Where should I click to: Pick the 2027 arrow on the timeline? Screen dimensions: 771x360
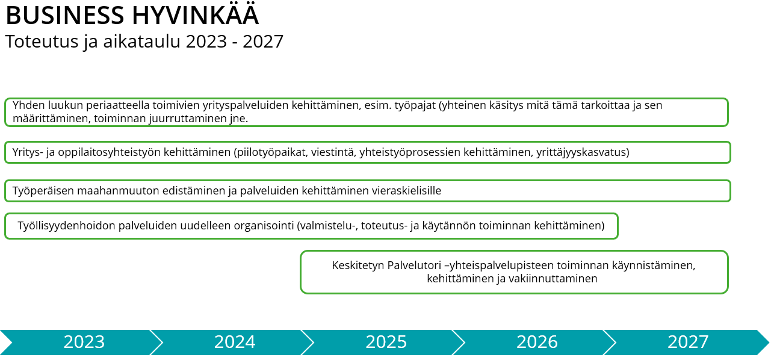[687, 343]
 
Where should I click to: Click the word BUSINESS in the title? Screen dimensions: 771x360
[65, 16]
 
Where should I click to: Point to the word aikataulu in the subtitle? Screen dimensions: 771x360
[142, 42]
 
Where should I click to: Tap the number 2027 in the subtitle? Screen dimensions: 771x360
[263, 42]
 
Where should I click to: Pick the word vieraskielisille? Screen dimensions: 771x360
[406, 191]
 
